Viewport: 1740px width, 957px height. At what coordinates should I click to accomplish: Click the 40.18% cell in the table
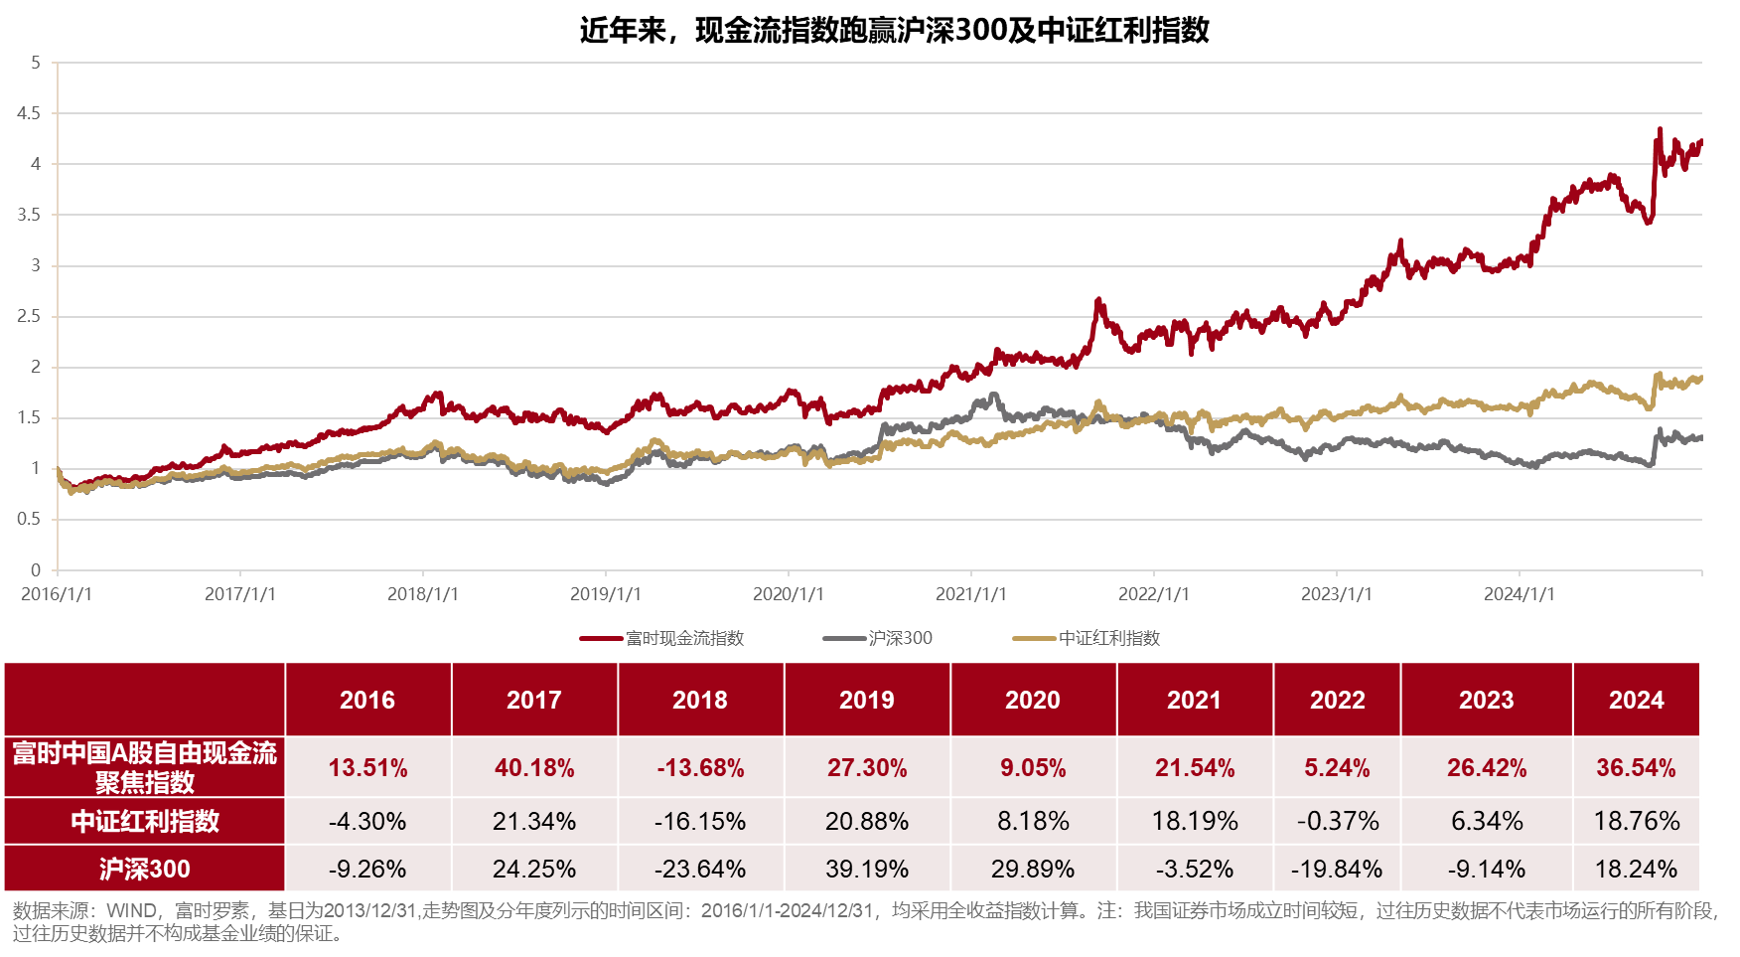[x=534, y=768]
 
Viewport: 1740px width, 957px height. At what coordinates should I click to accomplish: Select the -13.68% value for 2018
[x=700, y=768]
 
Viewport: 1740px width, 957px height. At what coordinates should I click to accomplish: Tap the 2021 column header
[x=1194, y=701]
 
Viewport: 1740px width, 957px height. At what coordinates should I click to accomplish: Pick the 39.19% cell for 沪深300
[x=867, y=870]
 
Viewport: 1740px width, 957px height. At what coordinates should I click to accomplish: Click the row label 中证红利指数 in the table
[x=145, y=822]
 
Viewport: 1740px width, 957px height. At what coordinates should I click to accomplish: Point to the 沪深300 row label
[x=145, y=870]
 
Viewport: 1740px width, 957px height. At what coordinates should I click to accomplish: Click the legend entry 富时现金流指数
[x=684, y=638]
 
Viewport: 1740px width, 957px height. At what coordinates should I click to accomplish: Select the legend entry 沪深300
[x=900, y=638]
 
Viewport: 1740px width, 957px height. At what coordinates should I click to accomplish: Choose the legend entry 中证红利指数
[x=1108, y=638]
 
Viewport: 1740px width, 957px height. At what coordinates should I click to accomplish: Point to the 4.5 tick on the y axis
[x=29, y=113]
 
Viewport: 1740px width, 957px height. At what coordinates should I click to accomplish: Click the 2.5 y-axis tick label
[x=29, y=316]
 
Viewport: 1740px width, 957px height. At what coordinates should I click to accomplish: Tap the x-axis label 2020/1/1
[x=788, y=594]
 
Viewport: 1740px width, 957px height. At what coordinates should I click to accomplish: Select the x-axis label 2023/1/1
[x=1336, y=594]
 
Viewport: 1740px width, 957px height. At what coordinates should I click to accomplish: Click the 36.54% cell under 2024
[x=1636, y=768]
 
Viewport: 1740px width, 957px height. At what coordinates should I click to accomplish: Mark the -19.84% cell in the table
[x=1337, y=870]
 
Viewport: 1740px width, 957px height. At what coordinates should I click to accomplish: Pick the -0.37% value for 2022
[x=1337, y=822]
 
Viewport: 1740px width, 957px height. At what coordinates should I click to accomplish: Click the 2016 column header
[x=367, y=701]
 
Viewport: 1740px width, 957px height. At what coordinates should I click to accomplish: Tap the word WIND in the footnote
[x=131, y=911]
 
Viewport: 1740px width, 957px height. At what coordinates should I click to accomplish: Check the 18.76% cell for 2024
[x=1636, y=822]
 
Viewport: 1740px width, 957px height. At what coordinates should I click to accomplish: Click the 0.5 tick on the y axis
[x=29, y=519]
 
